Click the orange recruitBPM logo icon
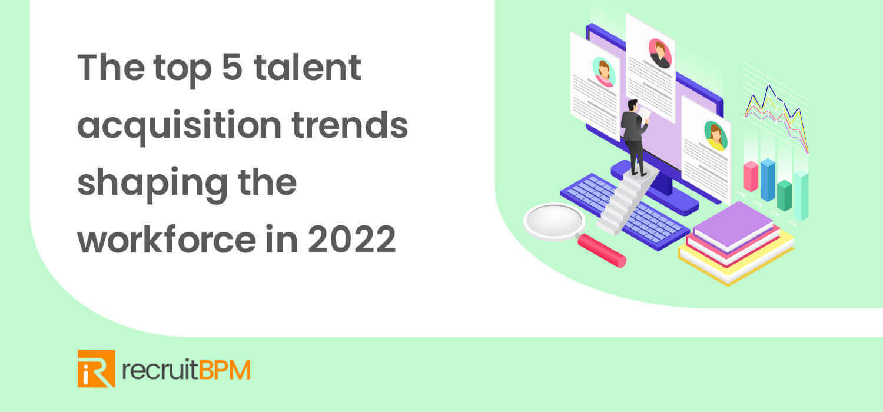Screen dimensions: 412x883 (x=96, y=369)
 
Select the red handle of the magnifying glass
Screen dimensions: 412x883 (x=602, y=250)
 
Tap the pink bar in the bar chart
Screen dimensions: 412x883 (x=751, y=176)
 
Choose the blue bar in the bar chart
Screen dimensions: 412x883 (x=768, y=180)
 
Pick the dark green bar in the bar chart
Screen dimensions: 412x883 (x=784, y=196)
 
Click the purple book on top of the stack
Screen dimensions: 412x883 (x=733, y=226)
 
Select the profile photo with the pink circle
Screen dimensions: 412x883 (x=660, y=52)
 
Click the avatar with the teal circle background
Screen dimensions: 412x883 (x=603, y=72)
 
